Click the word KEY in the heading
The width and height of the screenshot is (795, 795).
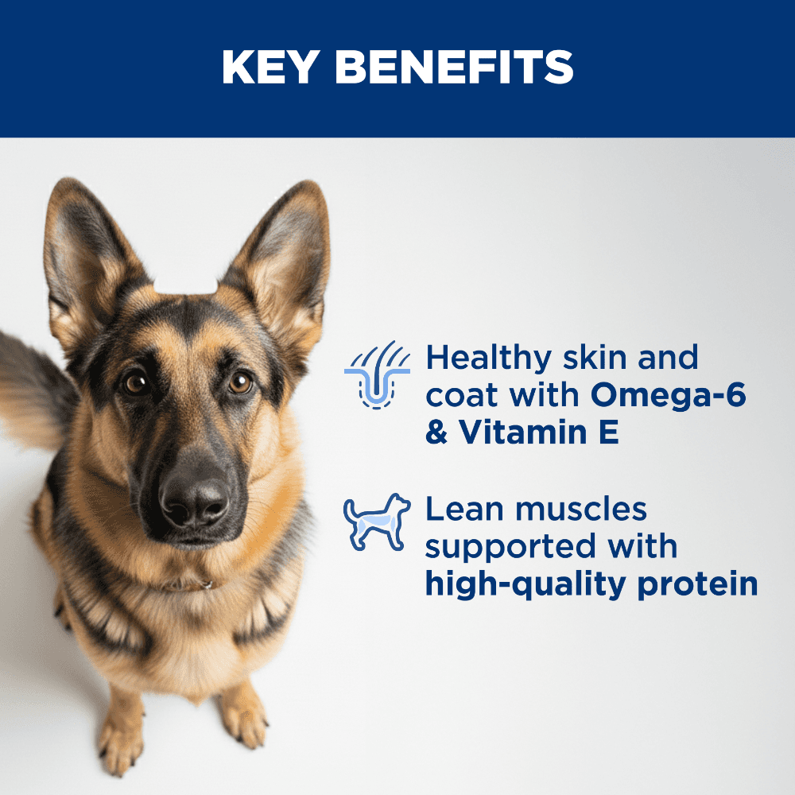click(x=270, y=67)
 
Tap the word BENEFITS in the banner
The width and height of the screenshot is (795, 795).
click(x=454, y=67)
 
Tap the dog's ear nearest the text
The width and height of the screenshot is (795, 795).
click(x=281, y=264)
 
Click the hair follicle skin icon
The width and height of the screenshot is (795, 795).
click(x=377, y=375)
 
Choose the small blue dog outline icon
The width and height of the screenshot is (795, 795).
click(x=377, y=522)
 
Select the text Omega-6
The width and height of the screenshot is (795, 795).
click(x=669, y=394)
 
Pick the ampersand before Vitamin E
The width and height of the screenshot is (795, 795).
click(x=436, y=432)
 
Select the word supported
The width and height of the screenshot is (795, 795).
click(x=510, y=549)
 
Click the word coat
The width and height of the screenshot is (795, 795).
click(x=463, y=396)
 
